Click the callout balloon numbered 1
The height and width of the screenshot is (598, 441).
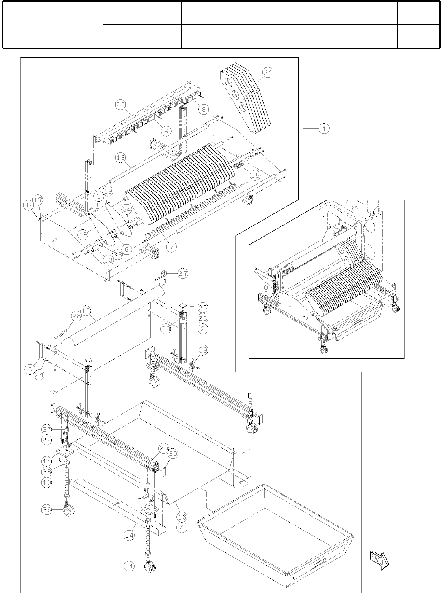click(x=324, y=129)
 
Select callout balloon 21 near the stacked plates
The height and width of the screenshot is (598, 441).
click(x=268, y=73)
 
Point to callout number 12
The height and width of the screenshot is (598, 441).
click(x=121, y=157)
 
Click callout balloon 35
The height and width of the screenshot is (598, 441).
click(x=254, y=175)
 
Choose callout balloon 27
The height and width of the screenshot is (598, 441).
click(x=182, y=273)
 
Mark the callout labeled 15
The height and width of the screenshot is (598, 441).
click(x=86, y=311)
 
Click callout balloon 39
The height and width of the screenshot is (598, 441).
click(x=203, y=350)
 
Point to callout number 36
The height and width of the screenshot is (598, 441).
click(x=47, y=510)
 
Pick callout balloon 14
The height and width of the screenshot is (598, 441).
click(x=130, y=535)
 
